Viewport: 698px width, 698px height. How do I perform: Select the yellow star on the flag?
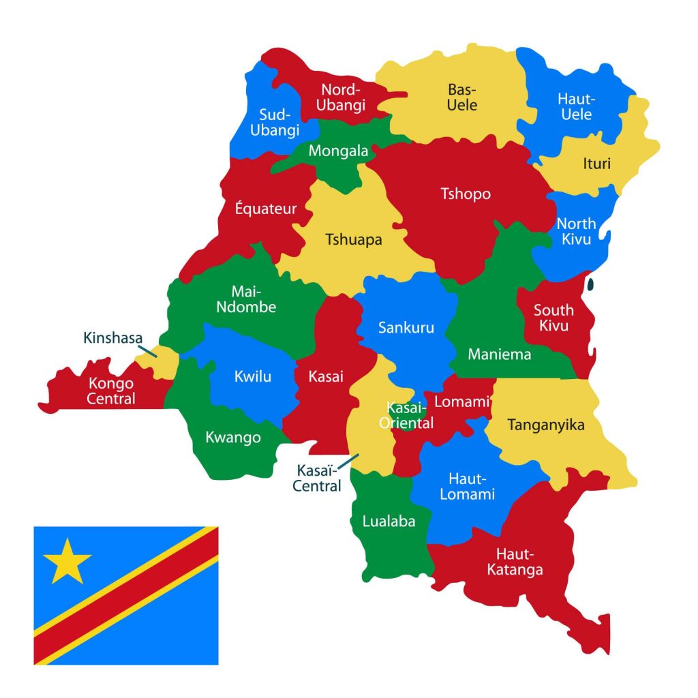pyautogui.click(x=67, y=560)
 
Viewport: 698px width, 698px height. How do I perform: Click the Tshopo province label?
pyautogui.click(x=466, y=194)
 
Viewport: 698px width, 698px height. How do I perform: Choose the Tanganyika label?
pyautogui.click(x=546, y=425)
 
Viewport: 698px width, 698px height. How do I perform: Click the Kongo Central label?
pyautogui.click(x=110, y=391)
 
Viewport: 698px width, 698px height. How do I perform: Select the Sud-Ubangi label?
pyautogui.click(x=275, y=122)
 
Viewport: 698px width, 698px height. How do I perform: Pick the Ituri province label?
pyautogui.click(x=596, y=164)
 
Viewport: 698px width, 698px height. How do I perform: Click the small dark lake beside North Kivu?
pyautogui.click(x=590, y=283)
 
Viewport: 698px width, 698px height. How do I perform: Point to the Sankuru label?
pyautogui.click(x=406, y=328)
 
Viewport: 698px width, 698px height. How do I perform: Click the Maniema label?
pyautogui.click(x=499, y=354)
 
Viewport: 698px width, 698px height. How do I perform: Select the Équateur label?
pyautogui.click(x=266, y=209)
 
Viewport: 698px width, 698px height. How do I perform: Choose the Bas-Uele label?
pyautogui.click(x=462, y=97)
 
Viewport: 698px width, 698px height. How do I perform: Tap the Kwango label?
pyautogui.click(x=233, y=437)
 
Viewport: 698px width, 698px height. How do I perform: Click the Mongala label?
pyautogui.click(x=338, y=151)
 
